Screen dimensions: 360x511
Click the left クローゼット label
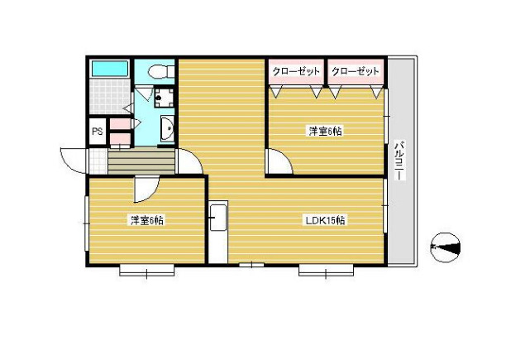coord(296,71)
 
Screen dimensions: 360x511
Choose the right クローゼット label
coord(355,71)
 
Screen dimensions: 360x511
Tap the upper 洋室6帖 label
coord(326,132)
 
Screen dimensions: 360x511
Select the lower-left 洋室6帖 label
coord(146,220)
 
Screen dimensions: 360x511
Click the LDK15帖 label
coord(325,220)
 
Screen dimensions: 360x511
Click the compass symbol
coord(447,247)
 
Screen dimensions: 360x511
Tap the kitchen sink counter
coord(217,232)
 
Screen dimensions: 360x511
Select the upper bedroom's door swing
coord(279,163)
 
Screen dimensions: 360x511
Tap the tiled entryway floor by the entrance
coord(97,160)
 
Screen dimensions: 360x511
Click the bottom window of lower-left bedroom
coord(146,268)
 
